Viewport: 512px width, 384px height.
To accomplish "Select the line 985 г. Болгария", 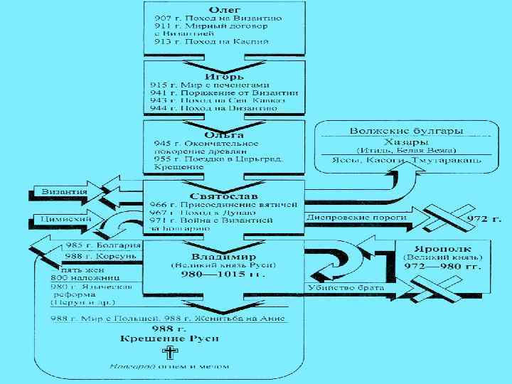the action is tap(90, 245).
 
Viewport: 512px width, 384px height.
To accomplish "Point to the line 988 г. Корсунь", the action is tap(90, 256).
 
